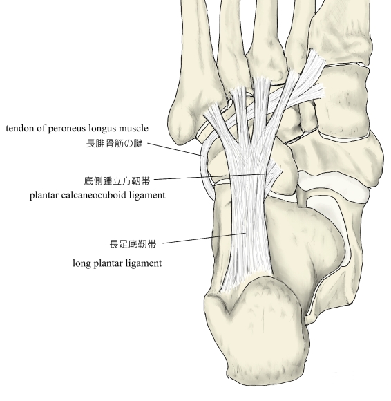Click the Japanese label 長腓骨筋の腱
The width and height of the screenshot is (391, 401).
tap(115, 144)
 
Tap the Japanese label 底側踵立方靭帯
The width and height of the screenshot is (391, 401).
tap(117, 181)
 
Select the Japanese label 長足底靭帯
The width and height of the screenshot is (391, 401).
tap(133, 244)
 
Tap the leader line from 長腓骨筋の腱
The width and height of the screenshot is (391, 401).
tap(175, 149)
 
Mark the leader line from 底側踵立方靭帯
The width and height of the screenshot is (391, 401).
tap(213, 176)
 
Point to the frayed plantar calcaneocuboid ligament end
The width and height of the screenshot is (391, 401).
tap(275, 172)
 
